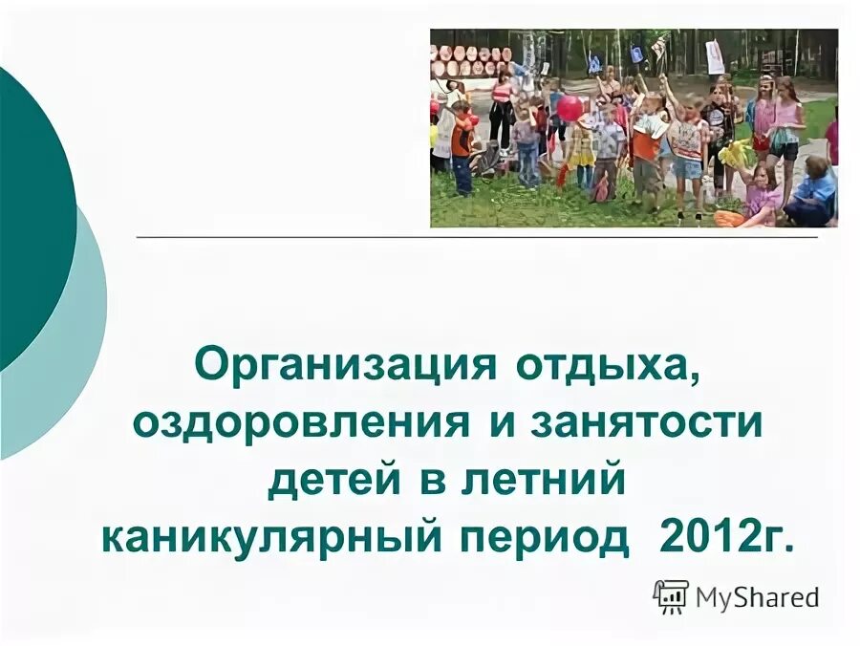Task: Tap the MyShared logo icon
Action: point(671,596)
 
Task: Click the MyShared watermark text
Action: point(757,598)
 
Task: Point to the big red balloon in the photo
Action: point(570,108)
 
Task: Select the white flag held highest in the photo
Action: point(715,57)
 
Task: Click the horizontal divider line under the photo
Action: point(478,235)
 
